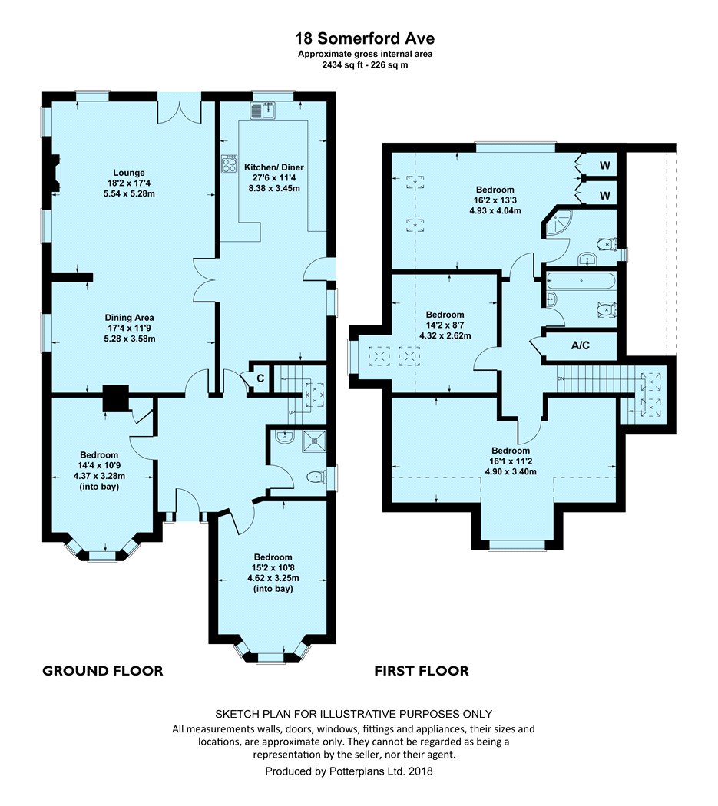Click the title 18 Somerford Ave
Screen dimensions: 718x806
click(x=364, y=38)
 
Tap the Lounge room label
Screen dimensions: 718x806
click(x=129, y=173)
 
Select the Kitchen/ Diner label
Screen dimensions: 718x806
click(x=273, y=167)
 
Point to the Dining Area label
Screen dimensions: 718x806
click(x=129, y=318)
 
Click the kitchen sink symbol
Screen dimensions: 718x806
click(x=263, y=110)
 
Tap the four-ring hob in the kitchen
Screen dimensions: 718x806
click(x=230, y=164)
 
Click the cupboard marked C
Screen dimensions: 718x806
click(x=260, y=378)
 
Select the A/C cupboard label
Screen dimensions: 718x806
click(x=581, y=345)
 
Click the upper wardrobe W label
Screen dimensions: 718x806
click(x=605, y=166)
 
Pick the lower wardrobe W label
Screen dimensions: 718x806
click(x=605, y=196)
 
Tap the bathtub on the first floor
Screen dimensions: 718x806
click(x=581, y=281)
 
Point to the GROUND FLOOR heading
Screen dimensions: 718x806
click(x=102, y=671)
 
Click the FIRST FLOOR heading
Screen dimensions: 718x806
click(x=422, y=671)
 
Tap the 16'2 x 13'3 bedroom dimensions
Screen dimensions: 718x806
click(x=495, y=200)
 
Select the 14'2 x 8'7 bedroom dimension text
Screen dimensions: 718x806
click(x=445, y=325)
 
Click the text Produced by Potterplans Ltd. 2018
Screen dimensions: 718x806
click(x=349, y=771)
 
